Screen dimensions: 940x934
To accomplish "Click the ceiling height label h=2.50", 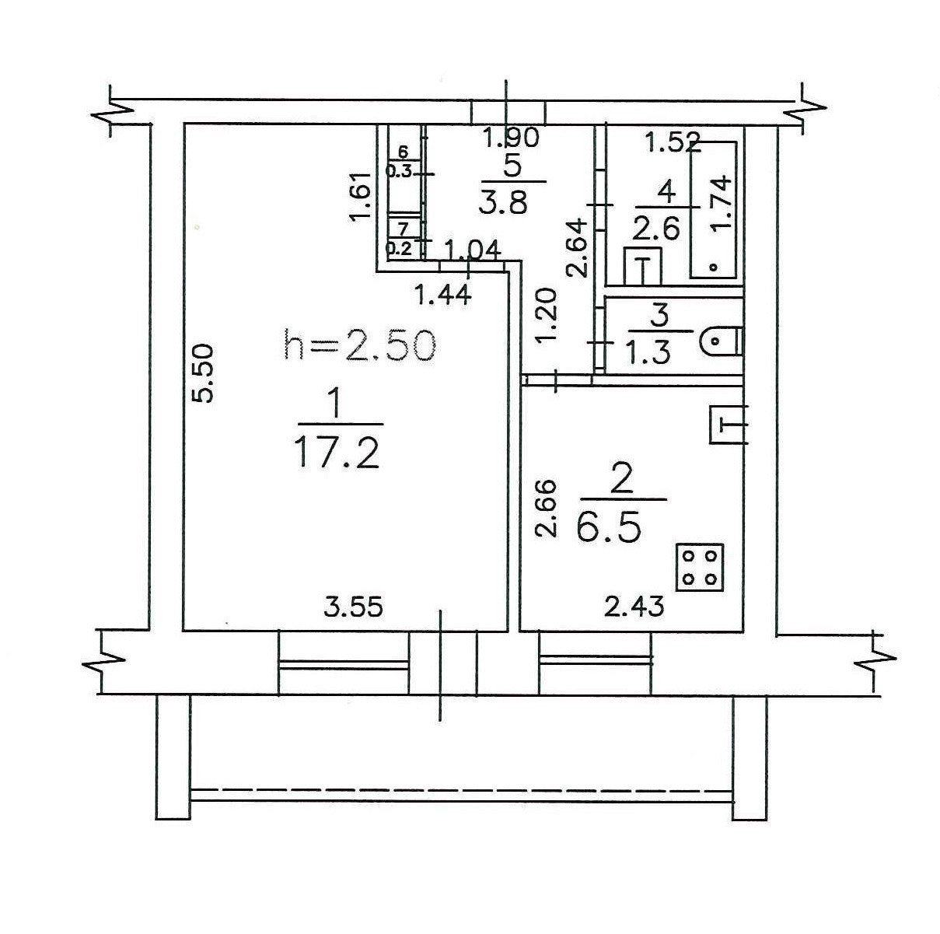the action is point(359,345).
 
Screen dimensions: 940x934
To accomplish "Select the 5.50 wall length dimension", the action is point(202,373).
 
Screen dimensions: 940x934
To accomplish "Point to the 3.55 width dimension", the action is point(353,608).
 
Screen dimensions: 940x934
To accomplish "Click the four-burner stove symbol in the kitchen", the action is point(700,567).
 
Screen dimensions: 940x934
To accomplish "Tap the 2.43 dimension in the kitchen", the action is point(634,607).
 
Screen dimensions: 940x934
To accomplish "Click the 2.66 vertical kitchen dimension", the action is point(546,509).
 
